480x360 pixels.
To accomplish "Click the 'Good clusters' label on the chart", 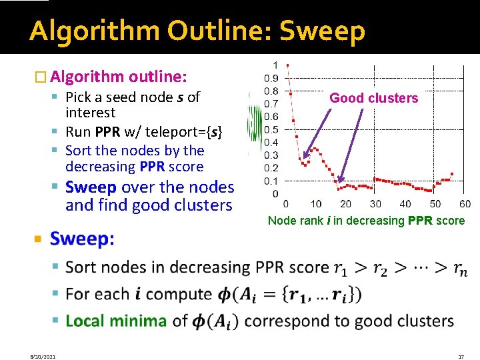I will pos(374,98).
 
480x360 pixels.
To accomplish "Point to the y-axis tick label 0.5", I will pos(271,129).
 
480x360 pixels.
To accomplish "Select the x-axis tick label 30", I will pos(375,203).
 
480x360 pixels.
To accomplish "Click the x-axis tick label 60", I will pos(465,203).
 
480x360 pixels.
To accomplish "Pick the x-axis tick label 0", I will pos(286,203).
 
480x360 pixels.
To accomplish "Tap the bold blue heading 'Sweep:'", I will pos(82,239).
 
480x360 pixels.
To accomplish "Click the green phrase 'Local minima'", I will pos(116,321).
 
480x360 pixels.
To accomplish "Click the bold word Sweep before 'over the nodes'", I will pos(91,187).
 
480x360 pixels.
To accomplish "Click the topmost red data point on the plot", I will pos(287,65).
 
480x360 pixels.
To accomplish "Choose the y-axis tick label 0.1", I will pos(271,181).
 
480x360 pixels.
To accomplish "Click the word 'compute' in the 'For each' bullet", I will pos(177,294).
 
